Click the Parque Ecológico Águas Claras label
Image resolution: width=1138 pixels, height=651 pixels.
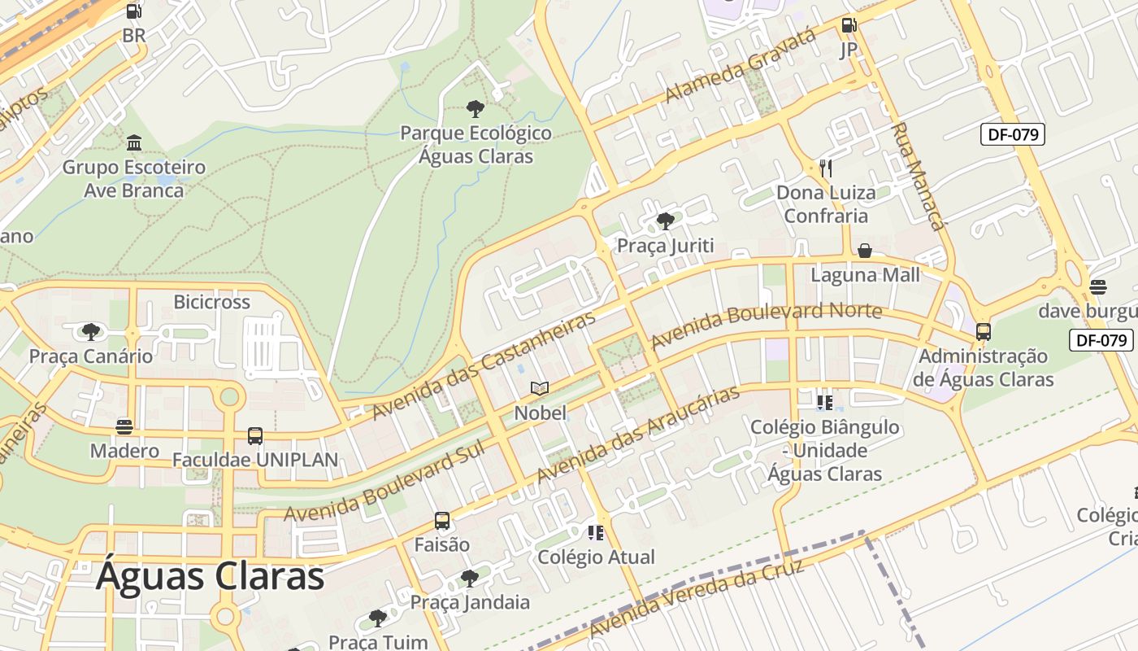pyautogui.click(x=476, y=145)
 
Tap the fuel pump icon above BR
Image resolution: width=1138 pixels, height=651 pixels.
pyautogui.click(x=134, y=11)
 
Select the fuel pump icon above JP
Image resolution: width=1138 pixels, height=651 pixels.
pyautogui.click(x=849, y=25)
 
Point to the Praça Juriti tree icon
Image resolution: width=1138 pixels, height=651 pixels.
pyautogui.click(x=665, y=221)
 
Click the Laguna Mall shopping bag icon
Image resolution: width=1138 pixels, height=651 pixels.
pyautogui.click(x=865, y=251)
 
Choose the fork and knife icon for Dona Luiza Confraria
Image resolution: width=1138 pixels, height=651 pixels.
pyautogui.click(x=825, y=168)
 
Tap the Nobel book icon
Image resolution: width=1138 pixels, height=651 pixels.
pyautogui.click(x=540, y=389)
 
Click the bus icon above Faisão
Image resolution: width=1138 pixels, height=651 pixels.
pyautogui.click(x=442, y=521)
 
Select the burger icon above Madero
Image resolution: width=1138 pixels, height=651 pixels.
pyautogui.click(x=124, y=426)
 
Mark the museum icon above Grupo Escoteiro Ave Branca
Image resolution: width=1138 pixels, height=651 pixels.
pyautogui.click(x=134, y=143)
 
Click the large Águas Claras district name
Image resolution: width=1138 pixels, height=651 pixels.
pyautogui.click(x=210, y=576)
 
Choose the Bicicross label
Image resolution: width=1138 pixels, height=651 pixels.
pyautogui.click(x=211, y=302)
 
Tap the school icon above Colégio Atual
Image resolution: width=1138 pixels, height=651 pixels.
pyautogui.click(x=596, y=533)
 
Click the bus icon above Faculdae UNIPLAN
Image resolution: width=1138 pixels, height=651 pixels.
pyautogui.click(x=255, y=436)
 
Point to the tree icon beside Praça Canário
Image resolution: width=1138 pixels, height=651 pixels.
pyautogui.click(x=90, y=331)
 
